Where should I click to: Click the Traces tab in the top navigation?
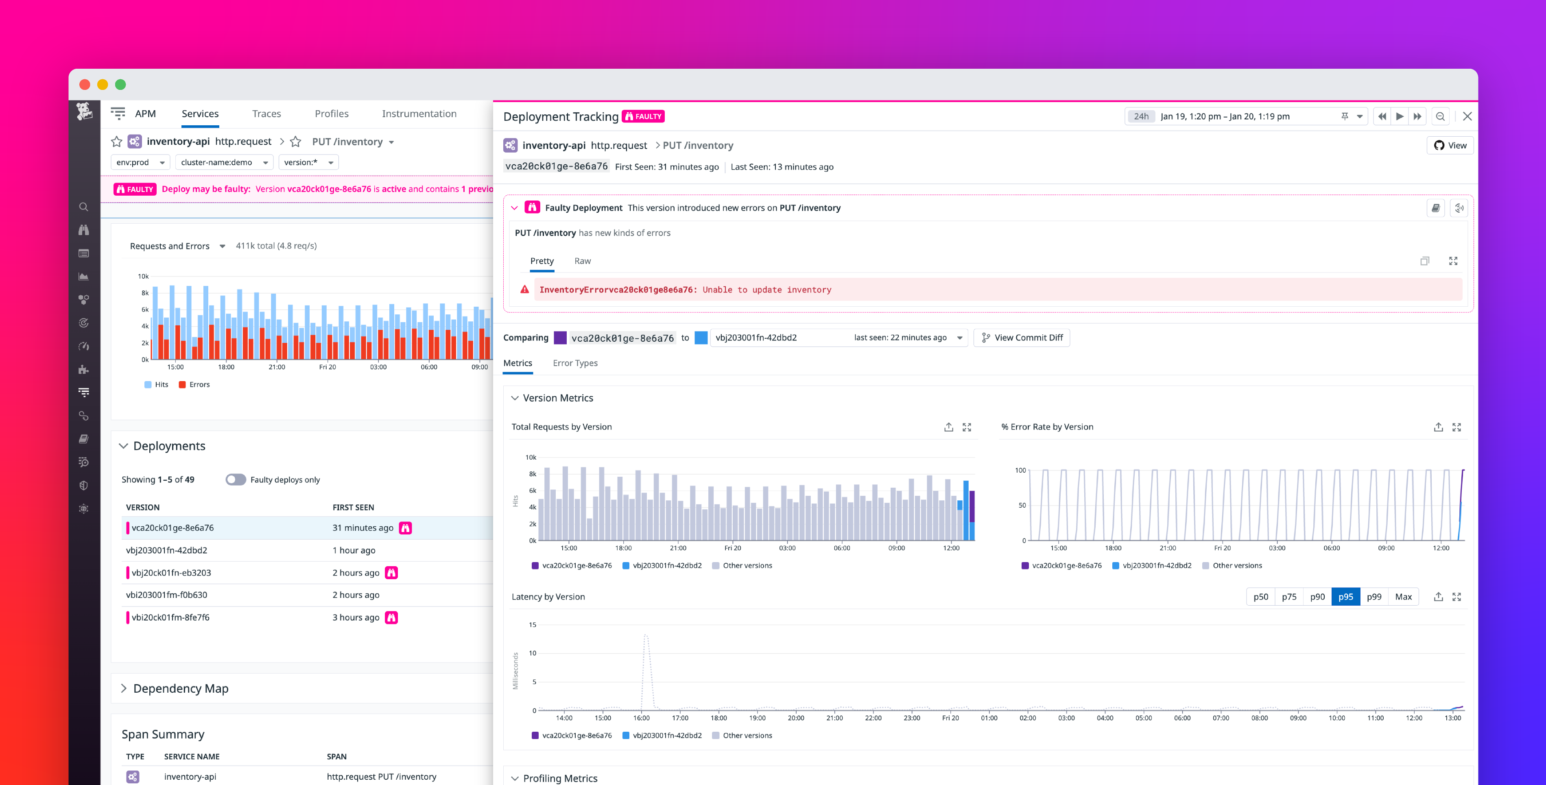(x=266, y=113)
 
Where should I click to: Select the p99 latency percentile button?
(x=1374, y=597)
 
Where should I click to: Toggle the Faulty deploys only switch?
(x=235, y=480)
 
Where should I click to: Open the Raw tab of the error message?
(x=582, y=261)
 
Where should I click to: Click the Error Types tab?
(x=574, y=363)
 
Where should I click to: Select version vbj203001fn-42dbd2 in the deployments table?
(x=166, y=550)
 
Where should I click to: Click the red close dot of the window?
(x=85, y=85)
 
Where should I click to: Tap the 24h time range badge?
(x=1141, y=116)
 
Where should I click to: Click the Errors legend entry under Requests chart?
(x=194, y=385)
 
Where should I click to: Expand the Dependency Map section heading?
(x=180, y=688)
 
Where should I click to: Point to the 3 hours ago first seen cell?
(x=355, y=617)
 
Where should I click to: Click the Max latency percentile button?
(x=1403, y=597)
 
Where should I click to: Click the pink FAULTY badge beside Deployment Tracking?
(x=643, y=116)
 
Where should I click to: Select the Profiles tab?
(x=331, y=113)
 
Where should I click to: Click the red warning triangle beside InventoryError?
(x=524, y=289)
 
